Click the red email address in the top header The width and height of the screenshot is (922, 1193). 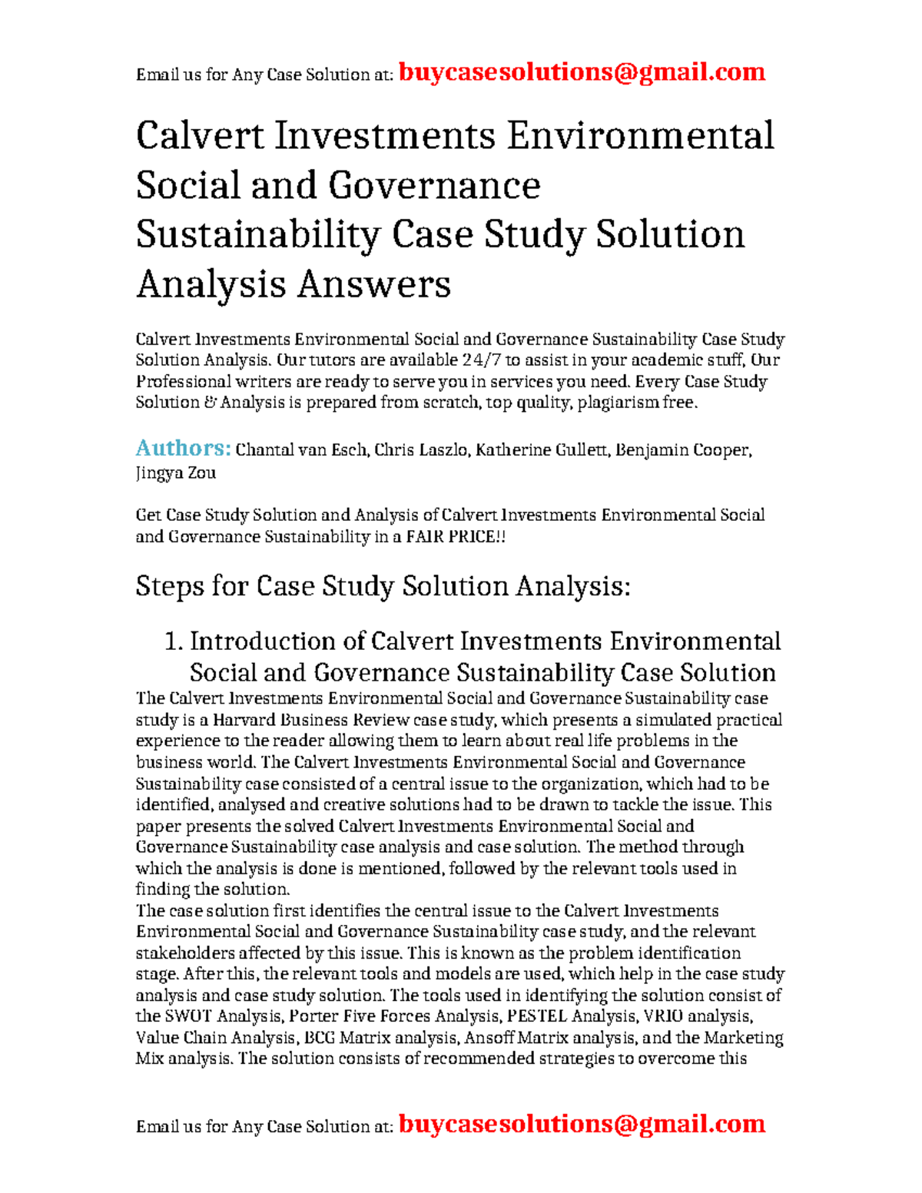pos(582,72)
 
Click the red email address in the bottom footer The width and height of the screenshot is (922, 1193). pos(582,1124)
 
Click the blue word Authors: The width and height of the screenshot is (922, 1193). pos(183,448)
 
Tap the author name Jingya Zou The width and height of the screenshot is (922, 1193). pos(175,473)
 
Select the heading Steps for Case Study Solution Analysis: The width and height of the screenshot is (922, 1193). pos(383,587)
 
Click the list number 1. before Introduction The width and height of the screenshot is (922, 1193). pos(174,641)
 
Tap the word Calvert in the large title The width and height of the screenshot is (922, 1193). pos(201,137)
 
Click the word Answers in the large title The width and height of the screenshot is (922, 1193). pos(373,285)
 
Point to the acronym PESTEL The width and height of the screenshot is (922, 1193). pos(537,1016)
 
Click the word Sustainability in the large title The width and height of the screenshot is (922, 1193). pos(257,236)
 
